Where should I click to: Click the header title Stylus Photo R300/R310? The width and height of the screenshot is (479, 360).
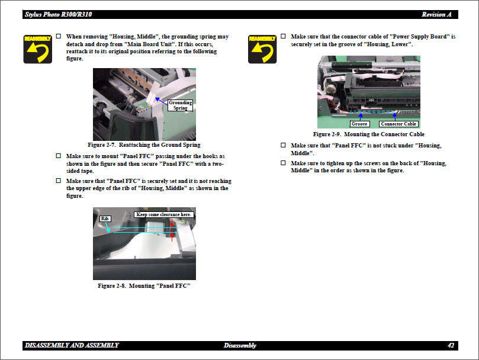58,14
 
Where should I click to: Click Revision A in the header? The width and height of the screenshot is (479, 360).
436,14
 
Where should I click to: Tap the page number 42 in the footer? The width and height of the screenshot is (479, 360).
451,345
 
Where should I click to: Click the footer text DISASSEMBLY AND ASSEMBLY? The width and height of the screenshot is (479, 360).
72,345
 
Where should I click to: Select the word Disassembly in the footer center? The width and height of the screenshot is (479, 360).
240,345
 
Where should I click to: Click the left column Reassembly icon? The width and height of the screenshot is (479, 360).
37,49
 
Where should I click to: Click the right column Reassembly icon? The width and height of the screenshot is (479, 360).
262,49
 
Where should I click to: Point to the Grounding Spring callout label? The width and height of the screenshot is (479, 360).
180,105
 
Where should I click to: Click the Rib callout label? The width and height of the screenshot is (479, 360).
105,218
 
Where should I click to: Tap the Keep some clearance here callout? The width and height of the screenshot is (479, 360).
164,214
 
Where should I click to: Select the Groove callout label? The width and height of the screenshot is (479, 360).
359,124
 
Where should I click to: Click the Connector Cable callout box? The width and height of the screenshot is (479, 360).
398,124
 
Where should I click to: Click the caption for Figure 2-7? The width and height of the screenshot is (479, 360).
144,144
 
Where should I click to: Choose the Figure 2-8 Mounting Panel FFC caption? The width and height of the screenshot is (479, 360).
144,285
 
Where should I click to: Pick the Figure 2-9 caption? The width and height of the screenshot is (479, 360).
368,134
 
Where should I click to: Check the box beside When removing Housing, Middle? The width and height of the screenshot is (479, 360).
59,37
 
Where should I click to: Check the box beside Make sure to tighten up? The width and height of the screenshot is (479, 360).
284,163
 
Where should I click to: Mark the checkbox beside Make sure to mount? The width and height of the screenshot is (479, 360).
59,156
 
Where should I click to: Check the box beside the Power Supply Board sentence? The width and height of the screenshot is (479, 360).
284,37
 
